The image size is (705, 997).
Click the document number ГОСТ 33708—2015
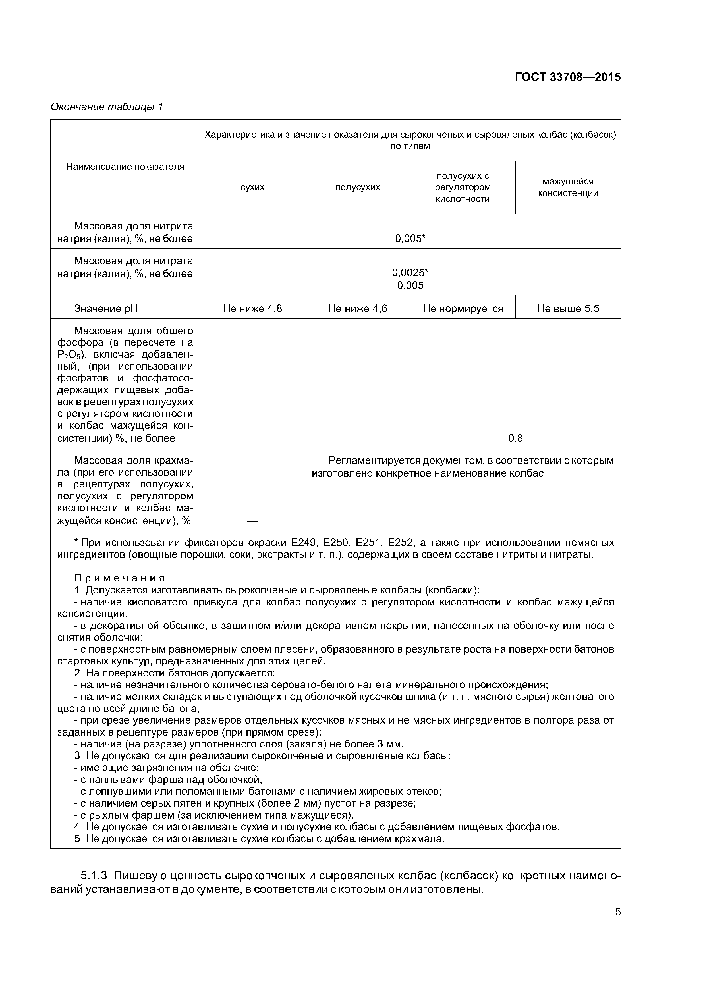click(x=567, y=77)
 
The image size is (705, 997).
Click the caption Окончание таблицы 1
click(x=106, y=107)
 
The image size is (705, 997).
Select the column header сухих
click(x=252, y=187)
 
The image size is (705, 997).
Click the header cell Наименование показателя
click(x=125, y=167)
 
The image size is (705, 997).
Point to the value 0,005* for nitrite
click(x=410, y=238)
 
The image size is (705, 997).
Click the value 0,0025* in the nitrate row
click(x=410, y=273)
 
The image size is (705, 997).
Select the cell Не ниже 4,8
click(x=252, y=309)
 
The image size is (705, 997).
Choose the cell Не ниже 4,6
click(x=358, y=309)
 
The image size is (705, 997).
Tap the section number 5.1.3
click(x=94, y=876)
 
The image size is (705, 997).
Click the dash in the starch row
click(x=252, y=521)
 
